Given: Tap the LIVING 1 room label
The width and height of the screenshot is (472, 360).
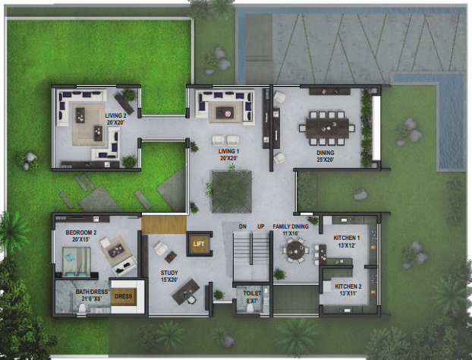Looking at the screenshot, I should click(229, 152).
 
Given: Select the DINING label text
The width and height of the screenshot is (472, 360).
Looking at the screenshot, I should click(326, 152).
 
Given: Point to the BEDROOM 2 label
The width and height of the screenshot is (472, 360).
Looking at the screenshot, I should click(80, 232).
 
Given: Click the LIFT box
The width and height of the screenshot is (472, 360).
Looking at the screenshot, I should click(199, 244).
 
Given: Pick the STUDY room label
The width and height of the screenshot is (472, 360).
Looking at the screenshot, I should click(168, 272).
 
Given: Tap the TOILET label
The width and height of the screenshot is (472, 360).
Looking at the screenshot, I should click(252, 293).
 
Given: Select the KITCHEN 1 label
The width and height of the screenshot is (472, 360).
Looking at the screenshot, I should click(347, 238).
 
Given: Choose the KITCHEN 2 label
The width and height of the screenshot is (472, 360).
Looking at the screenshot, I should click(347, 286).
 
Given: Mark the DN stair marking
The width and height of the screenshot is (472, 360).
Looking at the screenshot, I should click(242, 227).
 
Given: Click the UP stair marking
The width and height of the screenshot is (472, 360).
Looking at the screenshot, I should click(260, 227).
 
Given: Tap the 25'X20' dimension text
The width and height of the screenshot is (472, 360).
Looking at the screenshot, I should click(326, 159).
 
